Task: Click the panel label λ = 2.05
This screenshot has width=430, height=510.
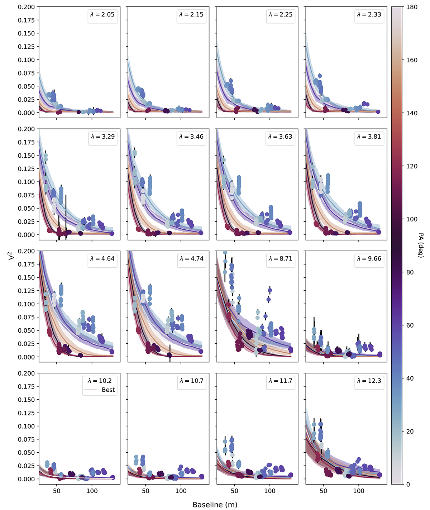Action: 102,15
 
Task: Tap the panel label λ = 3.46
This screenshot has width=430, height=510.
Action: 191,137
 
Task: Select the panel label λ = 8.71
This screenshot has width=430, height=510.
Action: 280,259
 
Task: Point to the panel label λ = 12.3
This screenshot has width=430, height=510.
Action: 369,381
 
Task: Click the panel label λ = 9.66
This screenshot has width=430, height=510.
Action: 369,259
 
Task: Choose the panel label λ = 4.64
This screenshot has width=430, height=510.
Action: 102,259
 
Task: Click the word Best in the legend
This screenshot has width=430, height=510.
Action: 108,390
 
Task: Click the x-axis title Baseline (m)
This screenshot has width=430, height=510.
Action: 215,505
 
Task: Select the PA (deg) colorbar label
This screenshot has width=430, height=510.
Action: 421,245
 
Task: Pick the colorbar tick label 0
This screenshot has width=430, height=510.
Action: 409,484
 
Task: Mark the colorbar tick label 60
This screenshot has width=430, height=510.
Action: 411,325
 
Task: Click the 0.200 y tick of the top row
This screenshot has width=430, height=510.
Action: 27,7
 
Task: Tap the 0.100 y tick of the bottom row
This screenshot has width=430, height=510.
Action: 27,426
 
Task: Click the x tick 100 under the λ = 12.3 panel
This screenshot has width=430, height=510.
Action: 359,491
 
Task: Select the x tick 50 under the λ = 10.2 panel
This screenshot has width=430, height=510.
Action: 57,491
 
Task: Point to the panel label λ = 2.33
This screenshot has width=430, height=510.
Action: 369,15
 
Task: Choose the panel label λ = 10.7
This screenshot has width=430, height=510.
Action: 191,381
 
